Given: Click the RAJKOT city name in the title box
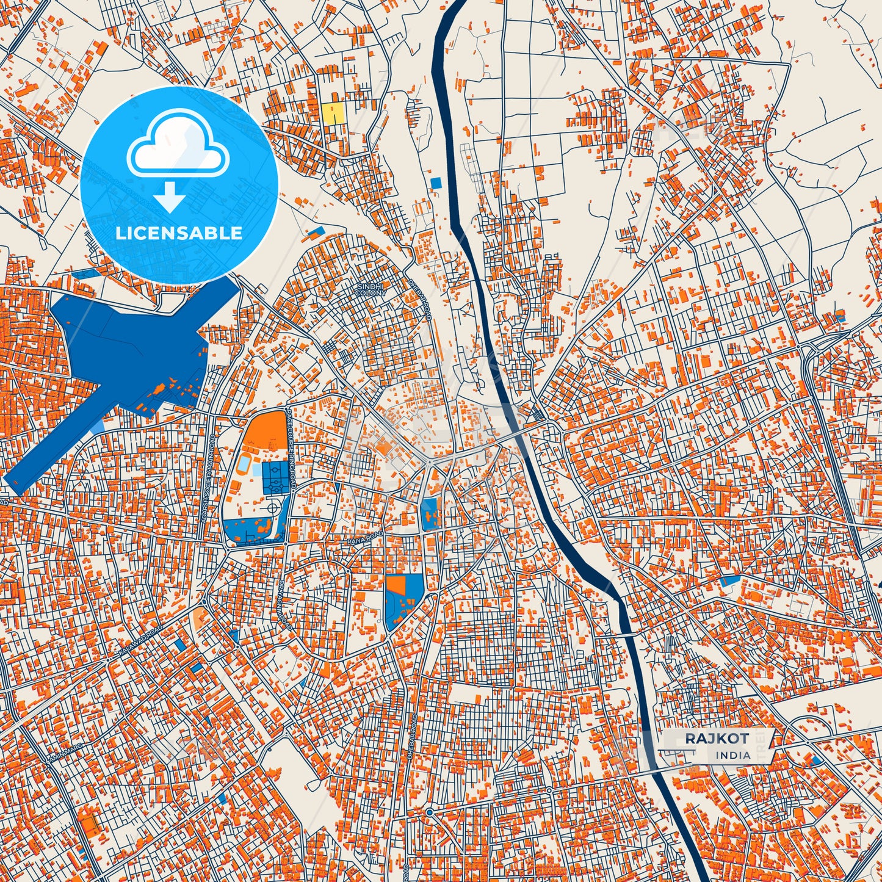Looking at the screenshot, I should (x=717, y=738).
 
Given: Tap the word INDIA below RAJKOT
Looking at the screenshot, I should (x=733, y=755).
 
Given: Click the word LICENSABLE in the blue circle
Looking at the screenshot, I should (x=179, y=233).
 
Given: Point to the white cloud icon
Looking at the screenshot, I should (x=178, y=145).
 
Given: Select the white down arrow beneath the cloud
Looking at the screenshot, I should (x=170, y=197).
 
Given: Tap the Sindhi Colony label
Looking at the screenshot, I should (x=371, y=289).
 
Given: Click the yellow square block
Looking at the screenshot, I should (x=333, y=113).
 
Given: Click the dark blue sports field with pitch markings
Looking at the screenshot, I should (x=275, y=478).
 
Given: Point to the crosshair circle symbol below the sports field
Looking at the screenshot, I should (x=272, y=508).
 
